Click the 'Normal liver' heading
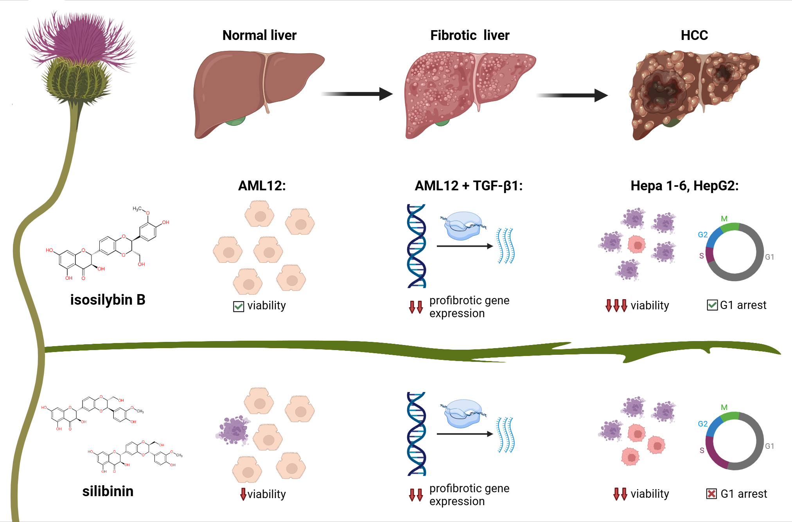[259, 35]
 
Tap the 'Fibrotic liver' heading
[469, 35]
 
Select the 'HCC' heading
[694, 35]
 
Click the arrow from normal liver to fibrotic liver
[357, 94]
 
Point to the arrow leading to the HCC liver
[572, 95]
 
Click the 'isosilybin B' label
[108, 300]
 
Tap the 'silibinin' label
[108, 491]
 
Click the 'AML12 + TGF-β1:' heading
[469, 186]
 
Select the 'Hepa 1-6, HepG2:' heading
[684, 186]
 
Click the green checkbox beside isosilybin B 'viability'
[238, 306]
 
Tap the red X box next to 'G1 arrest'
[711, 494]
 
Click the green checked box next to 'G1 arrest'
[712, 305]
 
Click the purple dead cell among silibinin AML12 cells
[233, 430]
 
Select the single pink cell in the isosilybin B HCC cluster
[636, 245]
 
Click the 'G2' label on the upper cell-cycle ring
[702, 235]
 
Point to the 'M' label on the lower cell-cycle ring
[724, 407]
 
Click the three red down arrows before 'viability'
[616, 305]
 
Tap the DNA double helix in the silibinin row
[417, 434]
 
